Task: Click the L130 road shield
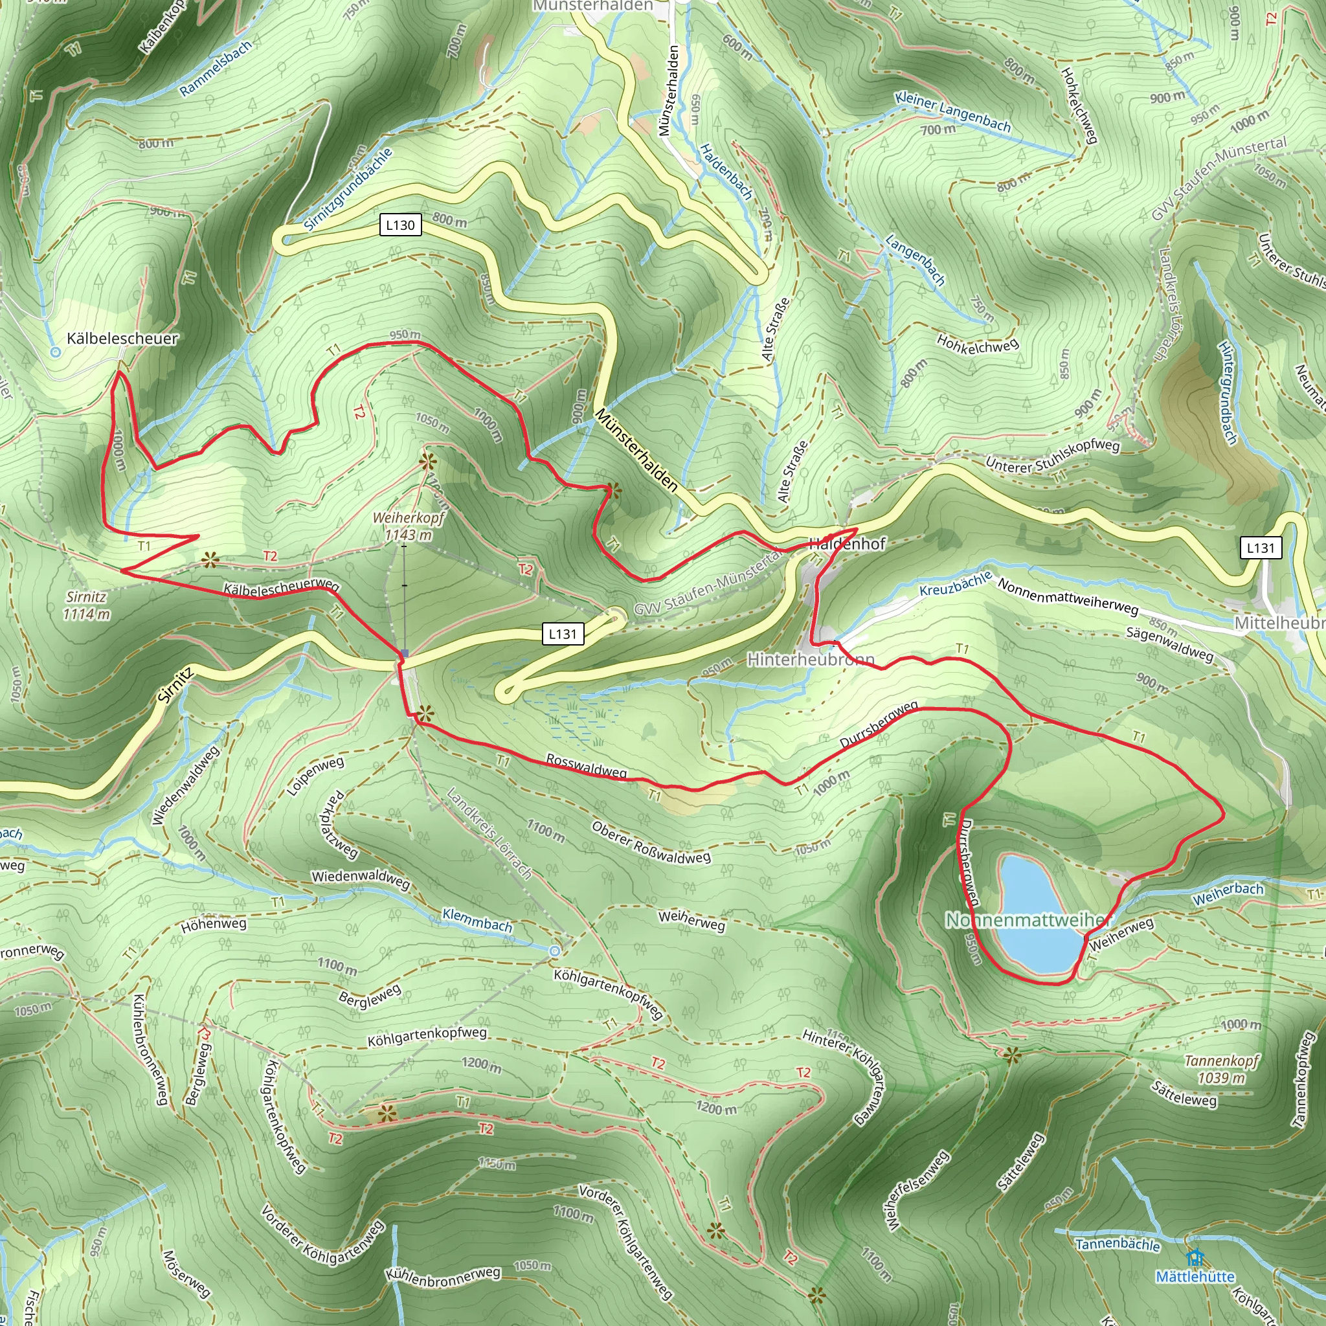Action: click(400, 225)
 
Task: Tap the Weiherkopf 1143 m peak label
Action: click(409, 526)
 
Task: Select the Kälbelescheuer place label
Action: click(122, 339)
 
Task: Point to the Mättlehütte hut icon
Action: click(1195, 1257)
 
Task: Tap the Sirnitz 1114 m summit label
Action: click(87, 605)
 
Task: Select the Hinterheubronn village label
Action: click(811, 660)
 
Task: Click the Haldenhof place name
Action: click(848, 544)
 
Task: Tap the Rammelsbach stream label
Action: click(216, 68)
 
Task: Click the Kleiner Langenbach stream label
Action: click(952, 111)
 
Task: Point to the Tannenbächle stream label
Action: click(1118, 1244)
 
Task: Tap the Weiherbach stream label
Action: click(1228, 893)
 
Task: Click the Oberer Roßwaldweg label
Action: click(651, 842)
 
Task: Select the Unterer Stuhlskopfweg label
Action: click(1053, 456)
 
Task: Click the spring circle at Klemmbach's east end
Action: click(555, 950)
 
